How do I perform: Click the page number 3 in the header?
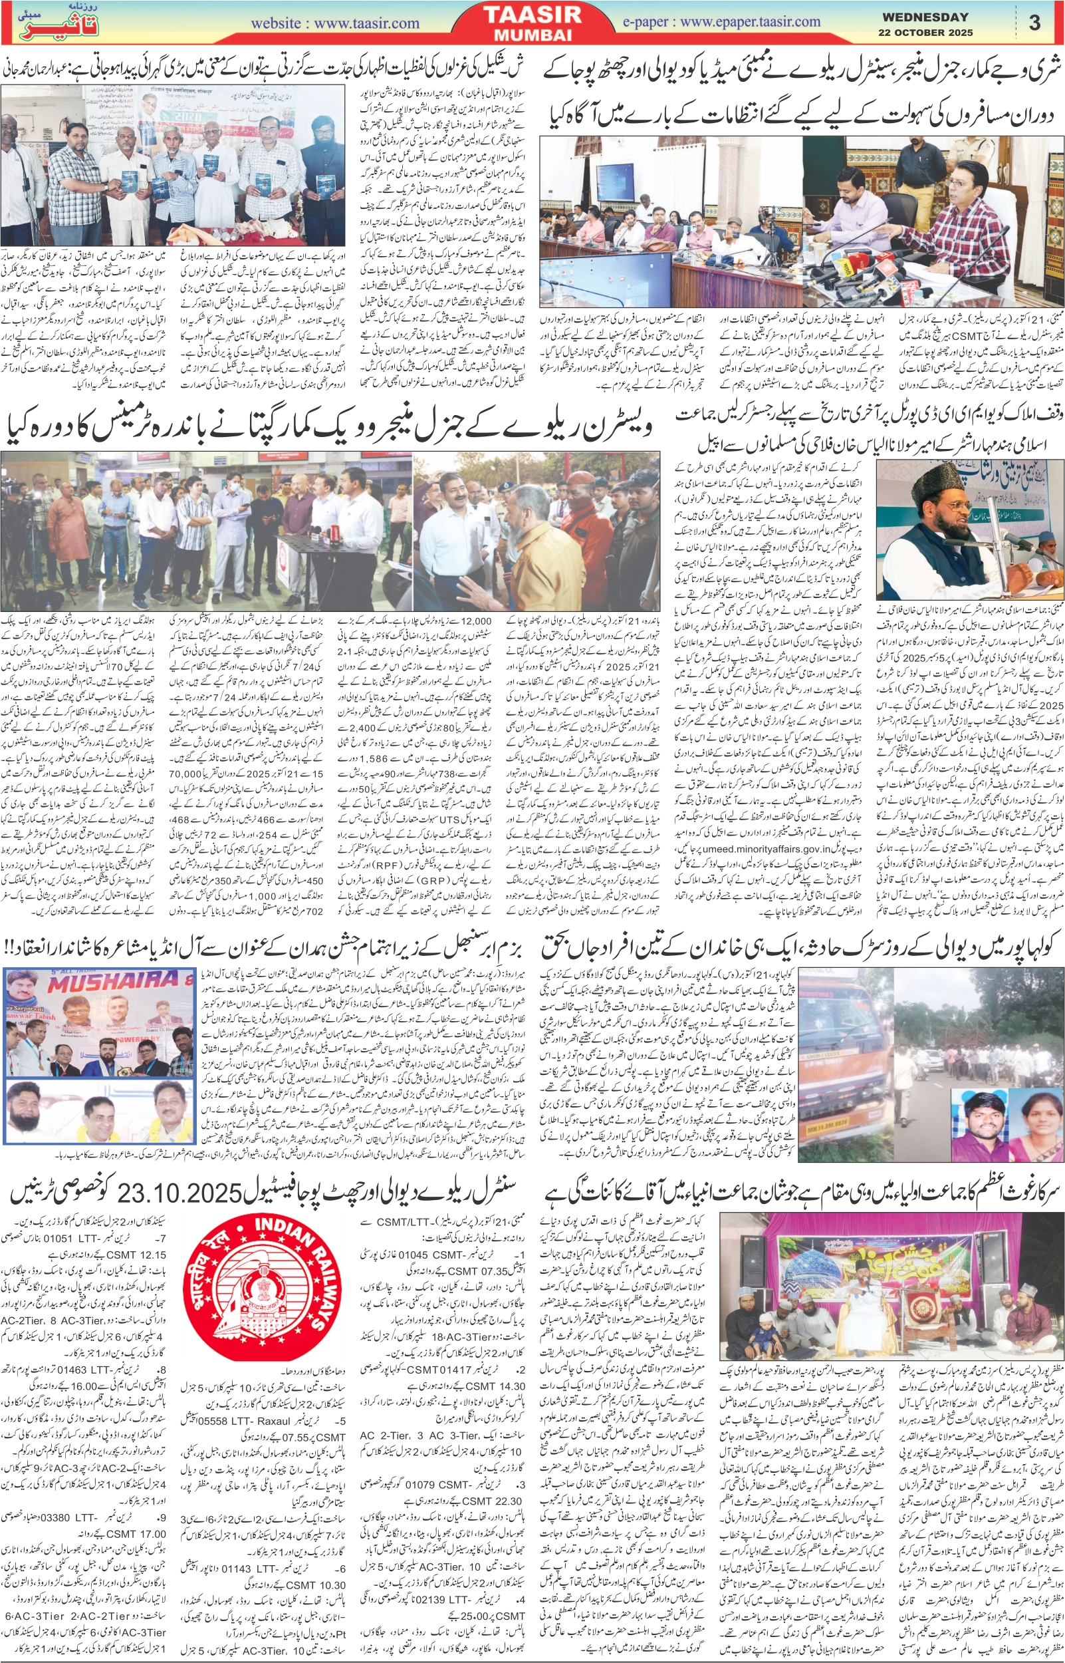(x=1034, y=23)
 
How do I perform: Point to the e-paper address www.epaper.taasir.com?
(x=750, y=23)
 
